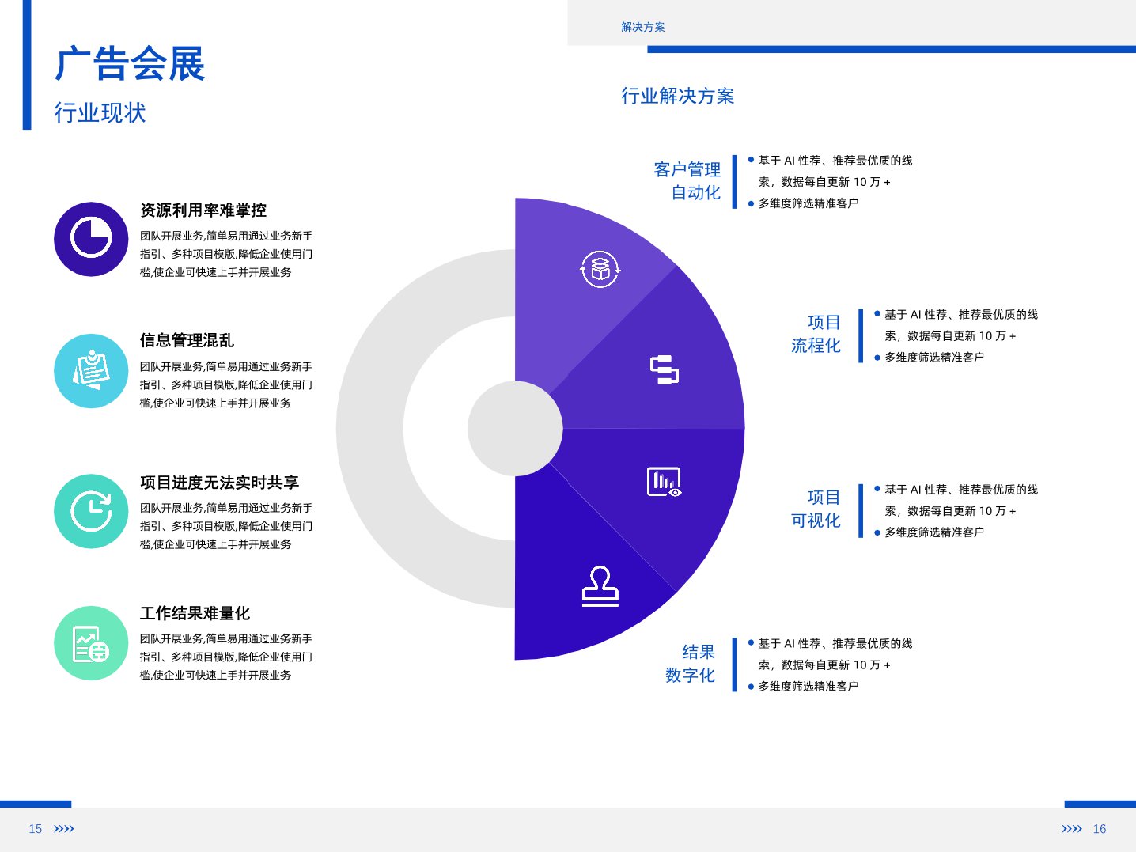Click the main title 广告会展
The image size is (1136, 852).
click(130, 63)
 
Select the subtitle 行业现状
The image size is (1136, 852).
click(100, 112)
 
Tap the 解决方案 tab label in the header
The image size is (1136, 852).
click(643, 27)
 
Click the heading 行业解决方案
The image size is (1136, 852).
click(677, 97)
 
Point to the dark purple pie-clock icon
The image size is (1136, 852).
click(91, 239)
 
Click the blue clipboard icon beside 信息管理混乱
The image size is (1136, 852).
click(91, 370)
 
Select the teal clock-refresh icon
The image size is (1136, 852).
click(91, 511)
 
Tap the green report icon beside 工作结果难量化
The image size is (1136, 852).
click(91, 643)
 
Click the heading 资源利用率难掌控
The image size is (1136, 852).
click(203, 210)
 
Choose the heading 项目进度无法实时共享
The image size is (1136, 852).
click(219, 483)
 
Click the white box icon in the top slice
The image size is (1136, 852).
click(600, 269)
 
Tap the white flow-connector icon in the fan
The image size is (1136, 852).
click(665, 370)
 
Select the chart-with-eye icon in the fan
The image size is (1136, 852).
click(665, 482)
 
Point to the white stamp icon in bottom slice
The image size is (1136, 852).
click(600, 586)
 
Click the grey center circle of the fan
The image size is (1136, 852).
click(515, 428)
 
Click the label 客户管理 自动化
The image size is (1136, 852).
click(687, 181)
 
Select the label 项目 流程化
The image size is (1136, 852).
click(816, 334)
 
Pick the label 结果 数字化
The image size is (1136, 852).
click(690, 664)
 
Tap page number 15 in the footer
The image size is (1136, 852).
click(35, 829)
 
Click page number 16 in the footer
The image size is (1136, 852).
click(1100, 829)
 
